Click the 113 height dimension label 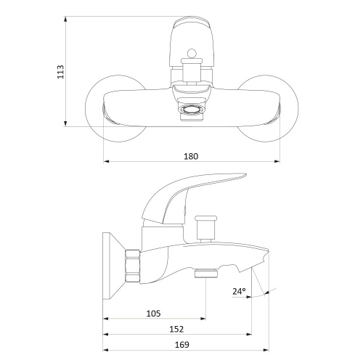pos(60,72)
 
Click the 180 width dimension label pos(191,156)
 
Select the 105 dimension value pos(153,314)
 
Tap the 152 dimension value pos(176,329)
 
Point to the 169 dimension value pos(181,345)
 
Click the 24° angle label pos(239,291)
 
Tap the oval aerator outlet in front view pos(192,110)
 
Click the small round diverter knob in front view pos(192,53)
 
